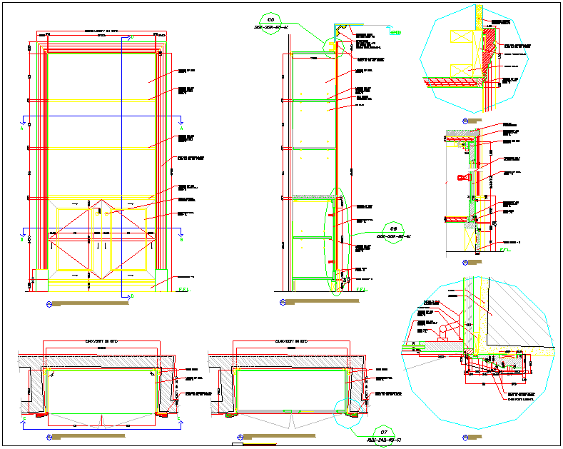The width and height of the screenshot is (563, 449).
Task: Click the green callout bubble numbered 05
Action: [271, 19]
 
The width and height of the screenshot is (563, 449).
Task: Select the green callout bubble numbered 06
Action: [392, 228]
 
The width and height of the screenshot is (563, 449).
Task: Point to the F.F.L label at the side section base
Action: [361, 289]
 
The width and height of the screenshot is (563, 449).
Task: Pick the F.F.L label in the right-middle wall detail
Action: [505, 250]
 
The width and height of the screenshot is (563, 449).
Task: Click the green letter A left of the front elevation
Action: [21, 128]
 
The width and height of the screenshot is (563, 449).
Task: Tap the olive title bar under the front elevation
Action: [91, 304]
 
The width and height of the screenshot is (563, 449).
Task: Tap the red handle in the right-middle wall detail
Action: [462, 176]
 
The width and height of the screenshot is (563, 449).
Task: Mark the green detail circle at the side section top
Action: [333, 48]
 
